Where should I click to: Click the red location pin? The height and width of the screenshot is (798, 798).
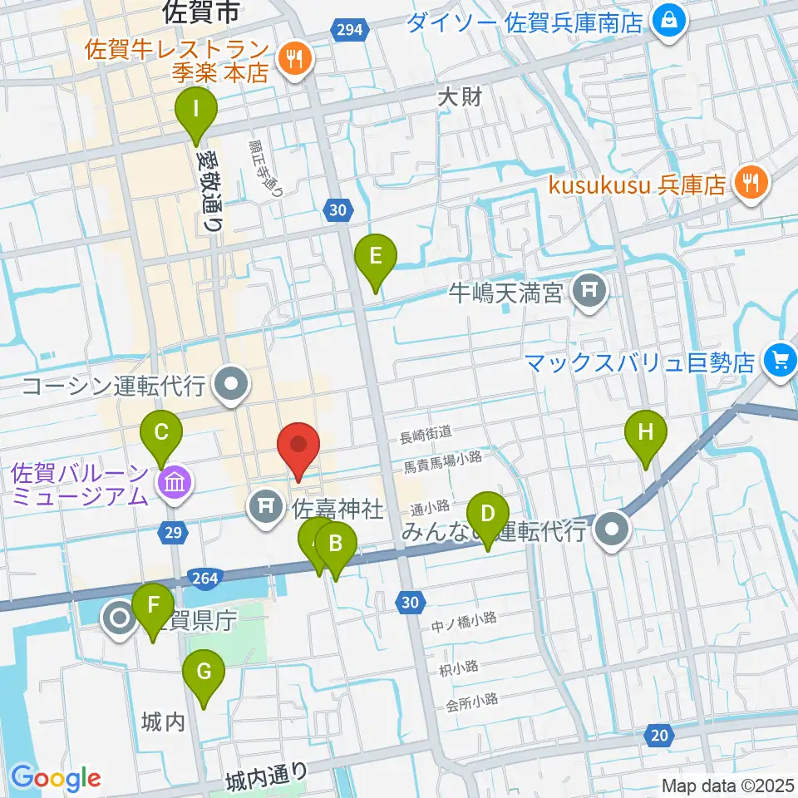click(298, 449)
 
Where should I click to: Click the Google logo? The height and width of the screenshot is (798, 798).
click(56, 778)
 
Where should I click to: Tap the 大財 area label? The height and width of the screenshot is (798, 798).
click(460, 97)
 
